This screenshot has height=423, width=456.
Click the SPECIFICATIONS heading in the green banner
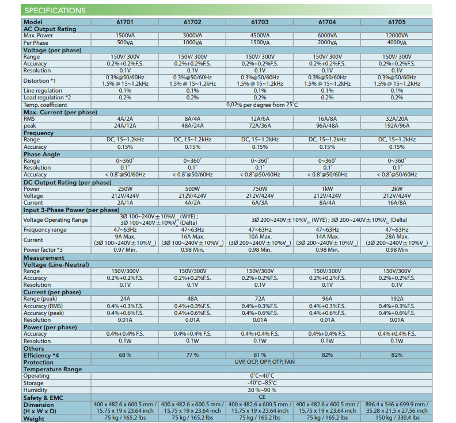point(55,10)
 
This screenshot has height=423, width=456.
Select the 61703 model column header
point(260,22)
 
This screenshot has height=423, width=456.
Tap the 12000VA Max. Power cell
point(397,36)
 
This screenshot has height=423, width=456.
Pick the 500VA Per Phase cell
point(125,43)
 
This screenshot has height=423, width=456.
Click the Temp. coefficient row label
point(45,105)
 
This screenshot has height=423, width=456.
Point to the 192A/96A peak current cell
point(397,125)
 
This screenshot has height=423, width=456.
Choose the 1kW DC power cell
point(327,189)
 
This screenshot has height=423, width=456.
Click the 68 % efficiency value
point(125,355)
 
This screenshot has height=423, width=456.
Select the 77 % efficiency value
point(192,355)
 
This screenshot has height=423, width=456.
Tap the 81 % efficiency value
point(260,355)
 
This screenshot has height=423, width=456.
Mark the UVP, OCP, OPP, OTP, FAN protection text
point(260,362)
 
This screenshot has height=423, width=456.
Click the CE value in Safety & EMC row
point(260,397)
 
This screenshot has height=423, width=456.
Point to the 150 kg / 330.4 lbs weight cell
point(397,418)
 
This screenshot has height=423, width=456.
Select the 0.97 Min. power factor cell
point(125,250)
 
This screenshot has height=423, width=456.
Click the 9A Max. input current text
point(125,236)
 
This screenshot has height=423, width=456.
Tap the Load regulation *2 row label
point(47,98)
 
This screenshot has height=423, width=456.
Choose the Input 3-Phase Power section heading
point(71,210)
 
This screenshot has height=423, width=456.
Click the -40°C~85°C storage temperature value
point(260,383)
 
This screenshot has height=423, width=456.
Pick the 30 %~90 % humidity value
point(260,390)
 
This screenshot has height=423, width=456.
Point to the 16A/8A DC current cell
point(397,203)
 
